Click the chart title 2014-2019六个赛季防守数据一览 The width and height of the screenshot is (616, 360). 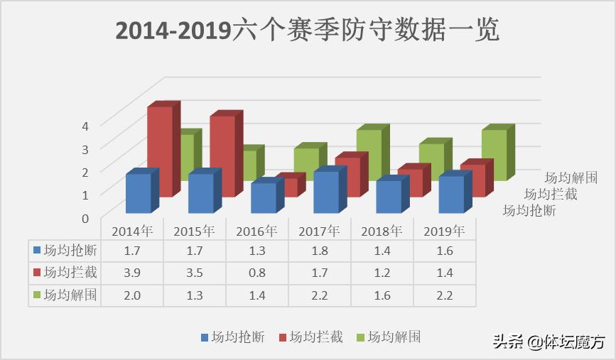click(x=308, y=31)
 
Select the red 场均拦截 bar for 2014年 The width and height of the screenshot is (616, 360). click(x=160, y=151)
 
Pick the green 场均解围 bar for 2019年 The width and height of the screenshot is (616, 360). click(x=494, y=154)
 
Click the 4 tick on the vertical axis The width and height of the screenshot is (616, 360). click(x=85, y=126)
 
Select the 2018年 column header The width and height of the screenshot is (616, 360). click(x=382, y=231)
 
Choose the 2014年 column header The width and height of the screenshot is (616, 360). click(x=132, y=231)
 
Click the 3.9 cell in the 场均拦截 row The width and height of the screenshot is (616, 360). click(x=132, y=273)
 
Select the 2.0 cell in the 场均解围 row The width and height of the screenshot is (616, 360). click(x=132, y=295)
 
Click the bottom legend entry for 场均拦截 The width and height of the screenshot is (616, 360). click(x=310, y=337)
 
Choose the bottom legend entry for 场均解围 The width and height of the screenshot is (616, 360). click(x=389, y=337)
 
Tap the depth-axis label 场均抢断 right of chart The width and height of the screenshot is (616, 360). click(x=529, y=210)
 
